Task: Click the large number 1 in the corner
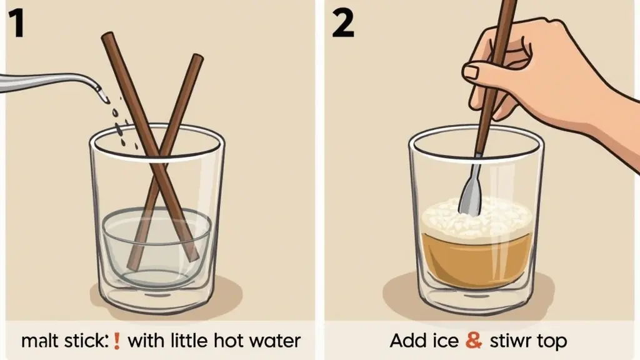[16, 24]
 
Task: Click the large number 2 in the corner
[343, 24]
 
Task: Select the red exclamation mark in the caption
[117, 341]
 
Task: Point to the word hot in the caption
[229, 341]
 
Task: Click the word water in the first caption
[275, 341]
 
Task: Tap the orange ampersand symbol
[474, 341]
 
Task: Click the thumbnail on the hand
[471, 72]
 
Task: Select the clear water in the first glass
[157, 245]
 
